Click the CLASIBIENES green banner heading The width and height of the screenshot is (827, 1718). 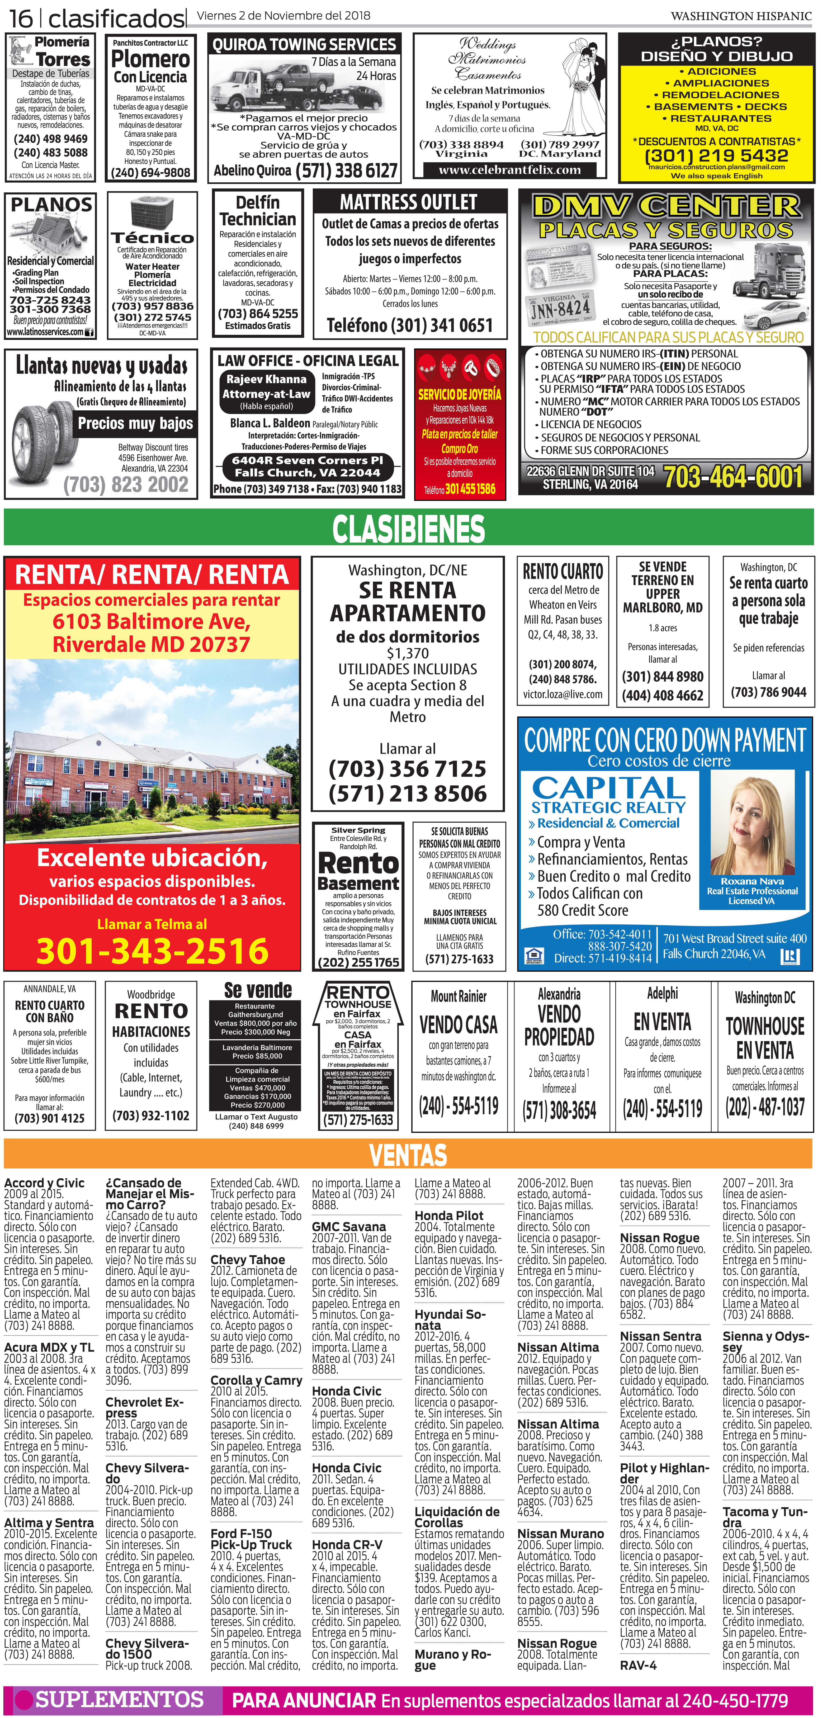point(409,530)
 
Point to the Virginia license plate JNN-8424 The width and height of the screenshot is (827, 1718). point(560,308)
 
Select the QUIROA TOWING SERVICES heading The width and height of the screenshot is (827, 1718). point(304,45)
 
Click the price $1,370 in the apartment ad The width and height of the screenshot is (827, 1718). point(408,653)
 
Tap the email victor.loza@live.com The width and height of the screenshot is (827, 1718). point(562,694)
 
